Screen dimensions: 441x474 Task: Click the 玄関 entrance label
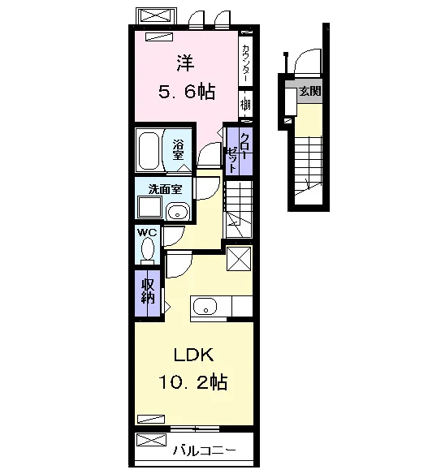click(310, 91)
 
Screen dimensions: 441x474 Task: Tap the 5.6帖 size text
click(187, 92)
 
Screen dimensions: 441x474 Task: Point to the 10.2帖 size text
click(193, 381)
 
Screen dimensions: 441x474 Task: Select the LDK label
click(193, 355)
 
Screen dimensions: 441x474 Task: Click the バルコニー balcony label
click(204, 450)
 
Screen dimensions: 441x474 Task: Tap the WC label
click(147, 232)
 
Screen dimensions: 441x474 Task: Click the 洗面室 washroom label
click(165, 189)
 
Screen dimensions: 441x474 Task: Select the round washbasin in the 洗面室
click(178, 211)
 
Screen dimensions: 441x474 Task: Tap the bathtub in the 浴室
click(149, 151)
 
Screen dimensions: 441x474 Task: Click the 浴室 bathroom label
click(178, 150)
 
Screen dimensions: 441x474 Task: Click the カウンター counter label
click(246, 63)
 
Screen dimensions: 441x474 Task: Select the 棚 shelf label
click(245, 105)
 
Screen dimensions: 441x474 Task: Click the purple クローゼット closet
click(240, 151)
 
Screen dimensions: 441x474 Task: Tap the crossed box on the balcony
click(151, 440)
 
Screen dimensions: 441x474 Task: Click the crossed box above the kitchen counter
click(239, 259)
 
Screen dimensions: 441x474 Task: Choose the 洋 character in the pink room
click(185, 63)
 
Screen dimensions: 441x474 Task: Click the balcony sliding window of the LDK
click(195, 429)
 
